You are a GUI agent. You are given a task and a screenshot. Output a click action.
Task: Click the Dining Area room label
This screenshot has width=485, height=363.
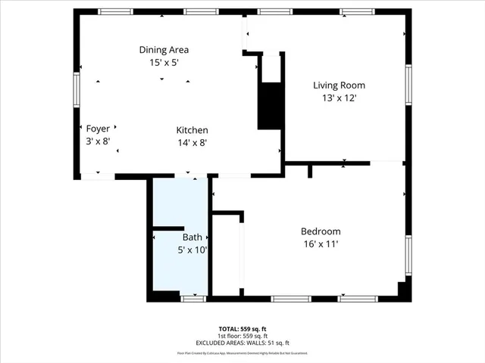[x=163, y=50]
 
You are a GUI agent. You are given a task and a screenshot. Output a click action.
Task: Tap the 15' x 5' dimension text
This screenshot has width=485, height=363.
[x=163, y=63]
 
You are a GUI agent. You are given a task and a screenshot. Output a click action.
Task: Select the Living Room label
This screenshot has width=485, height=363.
[x=334, y=85]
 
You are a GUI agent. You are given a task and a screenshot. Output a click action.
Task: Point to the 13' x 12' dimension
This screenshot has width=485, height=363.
[x=334, y=98]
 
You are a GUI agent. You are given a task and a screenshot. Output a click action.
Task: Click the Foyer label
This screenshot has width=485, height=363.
[x=98, y=129]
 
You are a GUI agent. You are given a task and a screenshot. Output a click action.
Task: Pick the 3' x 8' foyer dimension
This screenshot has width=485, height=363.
[x=98, y=141]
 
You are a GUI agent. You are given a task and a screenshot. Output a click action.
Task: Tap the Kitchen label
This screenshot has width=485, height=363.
[x=192, y=130]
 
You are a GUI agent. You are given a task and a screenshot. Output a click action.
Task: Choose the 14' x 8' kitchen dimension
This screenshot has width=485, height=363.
[x=192, y=142]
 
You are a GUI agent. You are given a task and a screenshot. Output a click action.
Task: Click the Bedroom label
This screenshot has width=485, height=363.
[x=321, y=231]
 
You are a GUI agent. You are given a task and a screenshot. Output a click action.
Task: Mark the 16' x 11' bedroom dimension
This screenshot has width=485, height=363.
[x=321, y=244]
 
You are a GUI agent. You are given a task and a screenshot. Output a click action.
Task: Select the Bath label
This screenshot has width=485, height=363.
[x=192, y=237]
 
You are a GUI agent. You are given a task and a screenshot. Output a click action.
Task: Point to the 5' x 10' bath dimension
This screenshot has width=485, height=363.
[x=192, y=249]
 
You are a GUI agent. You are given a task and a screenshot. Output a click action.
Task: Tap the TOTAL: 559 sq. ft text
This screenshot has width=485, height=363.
[x=242, y=329]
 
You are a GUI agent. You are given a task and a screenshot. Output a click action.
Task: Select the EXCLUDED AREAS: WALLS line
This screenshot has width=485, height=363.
[x=242, y=343]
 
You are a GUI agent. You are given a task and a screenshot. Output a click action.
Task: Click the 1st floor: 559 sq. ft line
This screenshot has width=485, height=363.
[x=242, y=336]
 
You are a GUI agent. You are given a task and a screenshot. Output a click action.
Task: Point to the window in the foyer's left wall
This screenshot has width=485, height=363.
[x=77, y=87]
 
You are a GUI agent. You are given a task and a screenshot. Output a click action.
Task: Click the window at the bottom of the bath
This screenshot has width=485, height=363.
[x=193, y=299]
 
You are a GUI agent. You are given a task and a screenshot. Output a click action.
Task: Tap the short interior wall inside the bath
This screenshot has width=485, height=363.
[x=170, y=228]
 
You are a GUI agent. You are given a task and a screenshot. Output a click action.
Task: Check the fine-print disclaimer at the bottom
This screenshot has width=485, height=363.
[x=242, y=352]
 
